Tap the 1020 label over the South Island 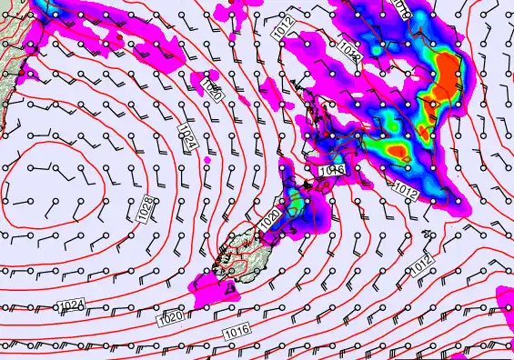click(269, 219)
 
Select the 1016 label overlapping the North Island click(332, 170)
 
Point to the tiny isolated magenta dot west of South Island click(207, 161)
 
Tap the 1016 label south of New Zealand click(237, 334)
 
